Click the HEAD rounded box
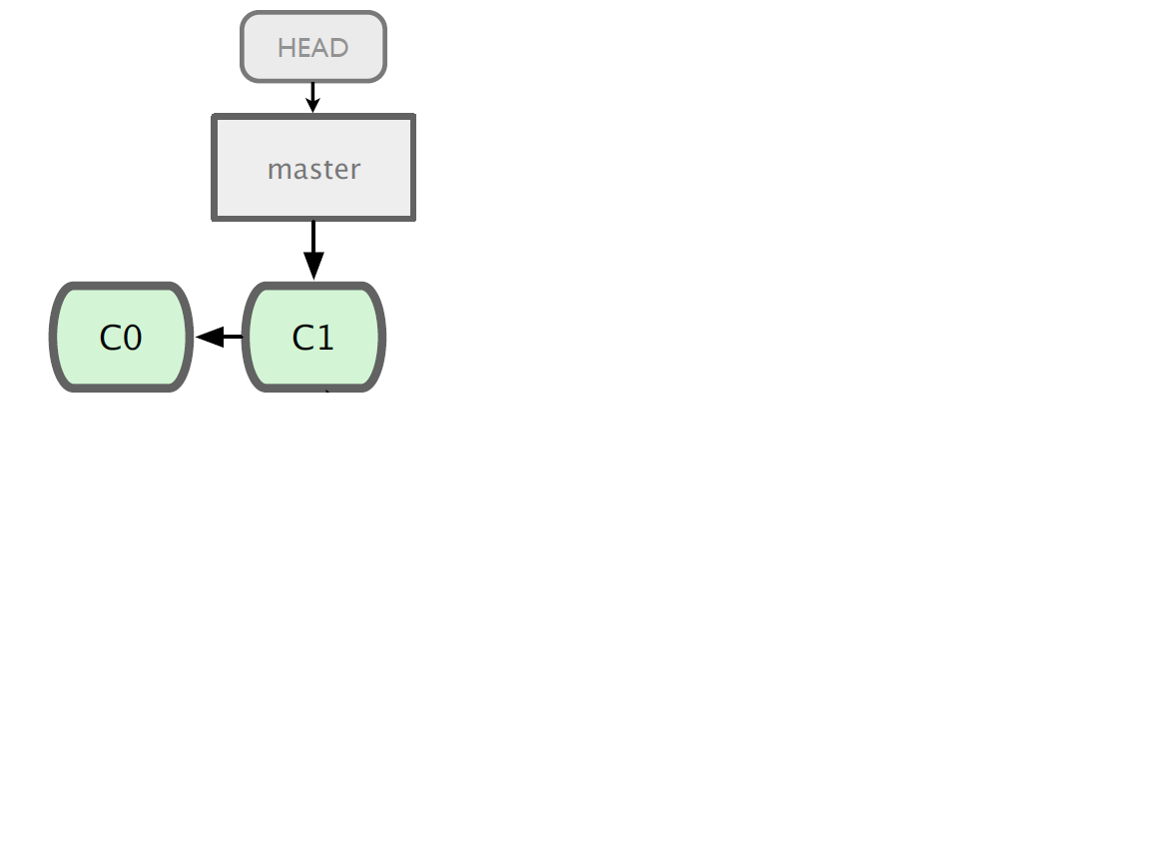click(x=313, y=47)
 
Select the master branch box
click(x=313, y=168)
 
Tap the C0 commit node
click(x=121, y=337)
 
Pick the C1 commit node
click(x=313, y=337)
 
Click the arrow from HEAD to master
click(x=312, y=98)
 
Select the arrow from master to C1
click(x=313, y=251)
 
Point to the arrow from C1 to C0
click(x=220, y=337)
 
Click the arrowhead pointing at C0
click(x=209, y=337)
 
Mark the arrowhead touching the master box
click(x=312, y=105)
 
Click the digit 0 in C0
click(x=132, y=338)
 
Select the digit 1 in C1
click(x=323, y=338)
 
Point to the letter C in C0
click(x=110, y=338)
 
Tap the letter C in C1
click(x=302, y=338)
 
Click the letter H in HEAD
click(x=287, y=48)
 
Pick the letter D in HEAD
click(x=339, y=48)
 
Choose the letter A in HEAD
click(x=321, y=48)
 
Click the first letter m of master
click(x=280, y=170)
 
